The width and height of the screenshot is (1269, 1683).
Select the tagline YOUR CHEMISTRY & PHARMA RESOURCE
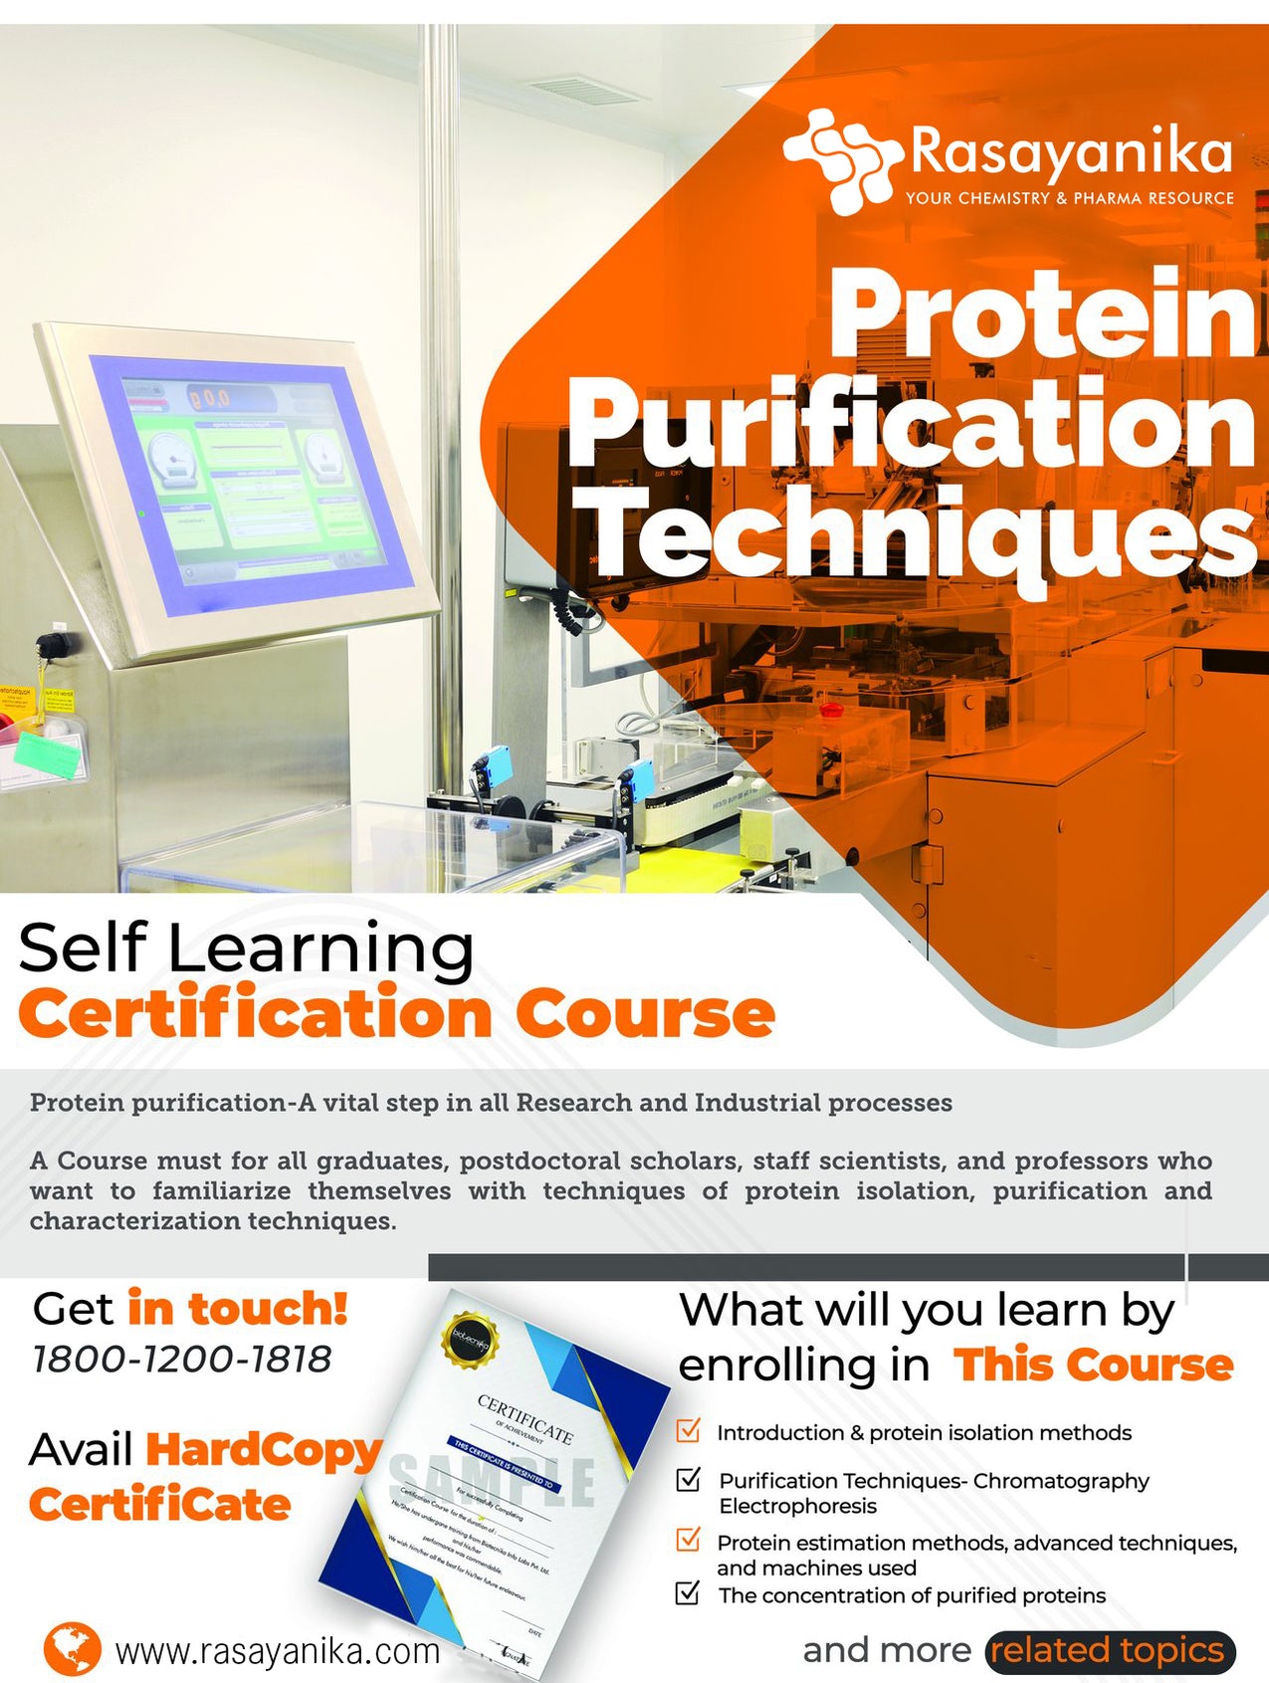point(1069,198)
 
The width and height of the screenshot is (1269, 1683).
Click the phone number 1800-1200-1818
point(182,1359)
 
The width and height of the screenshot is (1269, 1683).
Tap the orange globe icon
point(72,1649)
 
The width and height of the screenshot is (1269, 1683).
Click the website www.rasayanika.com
point(278,1651)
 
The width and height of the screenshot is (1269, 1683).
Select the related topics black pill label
point(1110,1650)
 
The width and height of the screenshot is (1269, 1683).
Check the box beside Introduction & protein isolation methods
point(688,1430)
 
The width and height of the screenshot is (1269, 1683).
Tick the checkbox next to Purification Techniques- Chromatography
point(688,1479)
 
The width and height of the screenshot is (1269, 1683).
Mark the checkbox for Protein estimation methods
point(688,1540)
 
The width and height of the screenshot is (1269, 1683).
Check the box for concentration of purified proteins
point(688,1593)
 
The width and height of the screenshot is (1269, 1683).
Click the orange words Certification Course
point(395,1014)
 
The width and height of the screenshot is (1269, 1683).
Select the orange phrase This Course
point(1093,1365)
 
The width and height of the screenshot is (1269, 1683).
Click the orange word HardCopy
point(264,1450)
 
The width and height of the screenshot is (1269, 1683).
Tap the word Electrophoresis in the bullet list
point(797,1506)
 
